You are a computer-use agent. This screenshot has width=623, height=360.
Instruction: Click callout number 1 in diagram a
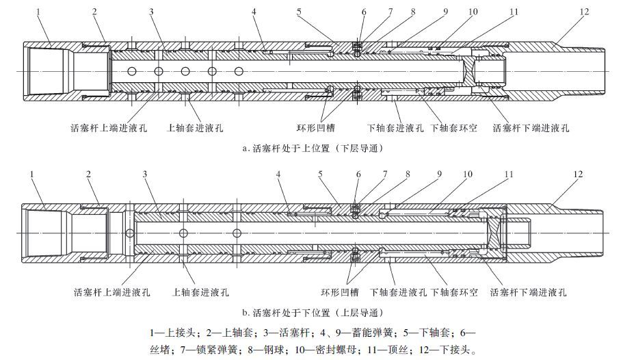click(39, 12)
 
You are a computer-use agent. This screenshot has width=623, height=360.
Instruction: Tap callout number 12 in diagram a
click(583, 12)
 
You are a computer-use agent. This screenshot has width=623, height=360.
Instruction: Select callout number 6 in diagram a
click(364, 12)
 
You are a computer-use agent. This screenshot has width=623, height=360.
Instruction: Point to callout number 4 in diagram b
click(279, 174)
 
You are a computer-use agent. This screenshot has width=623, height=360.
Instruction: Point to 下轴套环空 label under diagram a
click(453, 127)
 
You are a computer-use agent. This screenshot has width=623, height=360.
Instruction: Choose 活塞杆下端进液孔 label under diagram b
click(529, 292)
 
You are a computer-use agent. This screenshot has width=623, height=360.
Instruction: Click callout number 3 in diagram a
click(150, 12)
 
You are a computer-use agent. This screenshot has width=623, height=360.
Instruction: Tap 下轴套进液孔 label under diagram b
click(398, 292)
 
